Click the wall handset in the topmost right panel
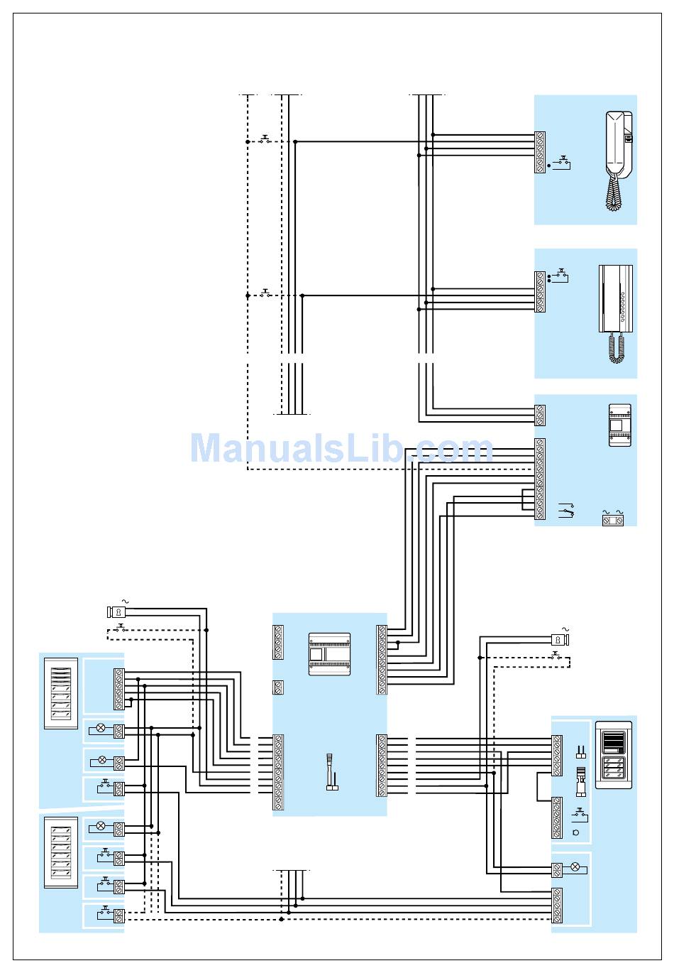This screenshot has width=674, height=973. pos(618,143)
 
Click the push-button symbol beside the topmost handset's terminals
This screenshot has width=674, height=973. pos(564,163)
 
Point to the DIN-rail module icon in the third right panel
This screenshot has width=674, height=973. pos(619,425)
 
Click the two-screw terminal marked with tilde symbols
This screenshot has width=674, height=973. pos(613,520)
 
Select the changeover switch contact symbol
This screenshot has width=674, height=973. pos(566,510)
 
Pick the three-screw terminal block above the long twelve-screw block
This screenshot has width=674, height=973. pos(540,415)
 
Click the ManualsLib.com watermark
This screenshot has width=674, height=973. pos(341,449)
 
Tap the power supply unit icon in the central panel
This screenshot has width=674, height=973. pos(329,653)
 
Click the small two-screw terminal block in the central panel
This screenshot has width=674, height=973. pos(278,687)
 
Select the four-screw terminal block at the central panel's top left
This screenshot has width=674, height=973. pos(278,642)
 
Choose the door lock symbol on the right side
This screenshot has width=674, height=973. pos(560,640)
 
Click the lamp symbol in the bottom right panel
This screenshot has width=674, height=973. pos(575,867)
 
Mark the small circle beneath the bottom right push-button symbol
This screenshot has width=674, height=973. pos(575,832)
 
